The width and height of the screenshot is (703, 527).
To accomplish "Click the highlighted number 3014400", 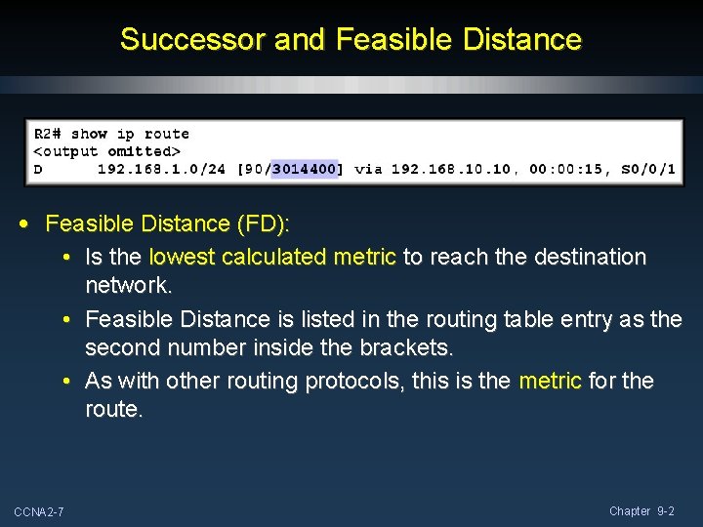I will point(305,170).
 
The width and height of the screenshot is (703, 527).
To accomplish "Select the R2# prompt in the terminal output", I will point(49,134).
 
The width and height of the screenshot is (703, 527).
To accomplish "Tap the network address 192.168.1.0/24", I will point(161,170).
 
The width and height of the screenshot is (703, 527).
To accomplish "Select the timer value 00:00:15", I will point(567,170).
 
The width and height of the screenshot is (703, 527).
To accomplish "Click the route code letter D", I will point(39,170).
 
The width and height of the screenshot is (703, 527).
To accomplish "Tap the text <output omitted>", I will point(107,151).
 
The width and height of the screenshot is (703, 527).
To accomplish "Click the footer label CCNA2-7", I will point(39,512).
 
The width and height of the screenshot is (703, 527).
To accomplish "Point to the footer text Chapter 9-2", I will point(642,511).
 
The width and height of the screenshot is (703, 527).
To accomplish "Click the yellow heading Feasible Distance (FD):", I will point(168,224).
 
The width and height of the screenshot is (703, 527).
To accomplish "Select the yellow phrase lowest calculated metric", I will point(272,258).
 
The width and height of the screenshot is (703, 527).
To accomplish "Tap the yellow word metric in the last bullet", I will point(550,381).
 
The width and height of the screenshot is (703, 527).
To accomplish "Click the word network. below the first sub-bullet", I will point(128,286).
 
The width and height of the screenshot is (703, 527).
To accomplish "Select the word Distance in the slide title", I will point(523,40).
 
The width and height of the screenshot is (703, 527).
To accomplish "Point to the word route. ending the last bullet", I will point(113,410).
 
